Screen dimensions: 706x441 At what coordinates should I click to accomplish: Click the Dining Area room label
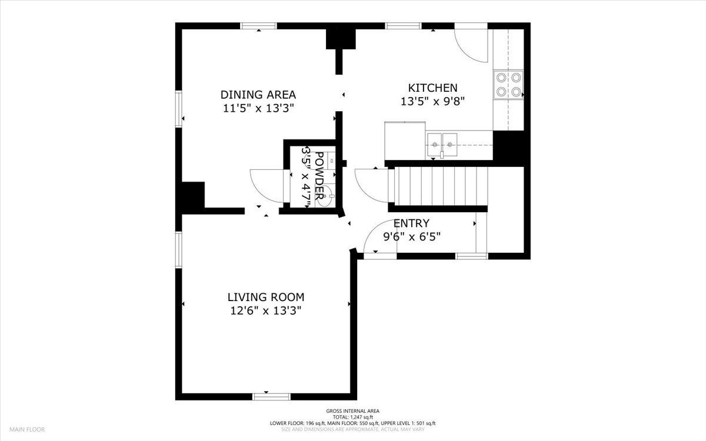(x=258, y=95)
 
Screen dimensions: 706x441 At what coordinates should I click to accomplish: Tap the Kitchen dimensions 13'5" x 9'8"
(x=433, y=101)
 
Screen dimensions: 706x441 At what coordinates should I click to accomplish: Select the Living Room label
(x=266, y=297)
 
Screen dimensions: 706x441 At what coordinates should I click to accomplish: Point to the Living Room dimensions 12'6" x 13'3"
(x=266, y=311)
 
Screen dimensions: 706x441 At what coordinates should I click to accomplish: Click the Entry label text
(x=411, y=223)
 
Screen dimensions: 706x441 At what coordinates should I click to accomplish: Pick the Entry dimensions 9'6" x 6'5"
(x=412, y=236)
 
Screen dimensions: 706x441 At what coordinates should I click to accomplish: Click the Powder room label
(x=319, y=175)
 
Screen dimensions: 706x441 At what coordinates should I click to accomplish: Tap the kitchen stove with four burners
(x=508, y=85)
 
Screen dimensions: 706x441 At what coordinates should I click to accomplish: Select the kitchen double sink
(x=442, y=145)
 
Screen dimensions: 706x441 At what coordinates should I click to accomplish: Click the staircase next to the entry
(x=438, y=186)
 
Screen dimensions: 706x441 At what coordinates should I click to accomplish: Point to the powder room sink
(x=325, y=196)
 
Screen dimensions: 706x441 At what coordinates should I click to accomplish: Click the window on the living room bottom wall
(x=271, y=396)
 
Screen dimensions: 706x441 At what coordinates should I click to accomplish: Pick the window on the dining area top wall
(x=258, y=26)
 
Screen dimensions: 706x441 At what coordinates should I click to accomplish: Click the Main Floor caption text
(x=27, y=429)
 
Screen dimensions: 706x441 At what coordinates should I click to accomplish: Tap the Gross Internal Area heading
(x=352, y=411)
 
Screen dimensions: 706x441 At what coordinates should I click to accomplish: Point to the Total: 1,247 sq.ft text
(x=352, y=417)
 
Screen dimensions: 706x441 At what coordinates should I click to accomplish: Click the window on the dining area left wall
(x=179, y=109)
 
